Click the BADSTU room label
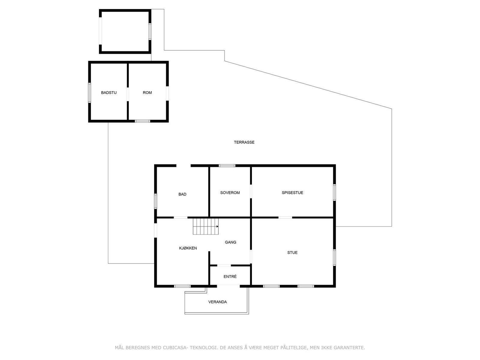[109, 93]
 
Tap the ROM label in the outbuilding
[147, 93]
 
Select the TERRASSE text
[244, 142]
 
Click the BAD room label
[182, 194]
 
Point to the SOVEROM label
[230, 193]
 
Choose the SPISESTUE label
[292, 193]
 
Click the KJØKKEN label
[188, 248]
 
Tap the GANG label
[231, 242]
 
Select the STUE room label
[292, 253]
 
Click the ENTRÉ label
[230, 277]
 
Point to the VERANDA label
[217, 302]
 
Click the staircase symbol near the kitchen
[205, 226]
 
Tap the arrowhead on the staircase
[217, 226]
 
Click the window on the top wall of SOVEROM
[227, 166]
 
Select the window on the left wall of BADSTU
[89, 93]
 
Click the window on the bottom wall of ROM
[142, 121]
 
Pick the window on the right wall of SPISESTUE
[334, 193]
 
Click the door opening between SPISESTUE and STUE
[285, 217]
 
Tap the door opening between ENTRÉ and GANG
[224, 265]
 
